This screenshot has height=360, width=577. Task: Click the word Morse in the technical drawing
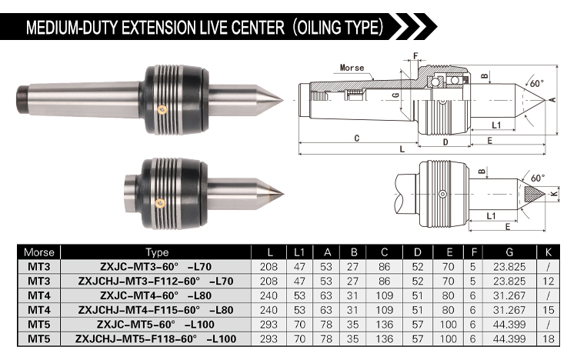tap(352, 68)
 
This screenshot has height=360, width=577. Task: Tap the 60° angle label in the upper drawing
tap(537, 84)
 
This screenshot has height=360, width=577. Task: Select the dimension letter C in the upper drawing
tap(356, 138)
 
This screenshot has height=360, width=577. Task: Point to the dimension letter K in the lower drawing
tap(555, 192)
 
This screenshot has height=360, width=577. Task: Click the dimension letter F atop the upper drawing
tap(415, 56)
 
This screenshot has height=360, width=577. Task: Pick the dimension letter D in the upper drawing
tap(445, 142)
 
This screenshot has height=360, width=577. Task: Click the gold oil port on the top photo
tap(162, 109)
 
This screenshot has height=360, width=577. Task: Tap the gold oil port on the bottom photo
tap(160, 202)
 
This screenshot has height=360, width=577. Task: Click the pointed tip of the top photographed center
tap(282, 99)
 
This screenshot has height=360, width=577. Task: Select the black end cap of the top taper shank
tap(22, 100)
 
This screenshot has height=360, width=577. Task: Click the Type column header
tap(157, 252)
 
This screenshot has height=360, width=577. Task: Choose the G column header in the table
tap(509, 252)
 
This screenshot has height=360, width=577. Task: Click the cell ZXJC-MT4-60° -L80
tap(155, 295)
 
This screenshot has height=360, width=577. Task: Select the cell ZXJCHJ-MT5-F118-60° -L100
tap(155, 338)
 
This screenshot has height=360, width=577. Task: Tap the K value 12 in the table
tap(548, 282)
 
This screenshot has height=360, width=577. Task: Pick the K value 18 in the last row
tap(548, 338)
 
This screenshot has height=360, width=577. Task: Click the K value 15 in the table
tap(548, 310)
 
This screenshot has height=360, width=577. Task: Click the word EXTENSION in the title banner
tap(158, 28)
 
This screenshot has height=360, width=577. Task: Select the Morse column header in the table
tap(38, 252)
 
